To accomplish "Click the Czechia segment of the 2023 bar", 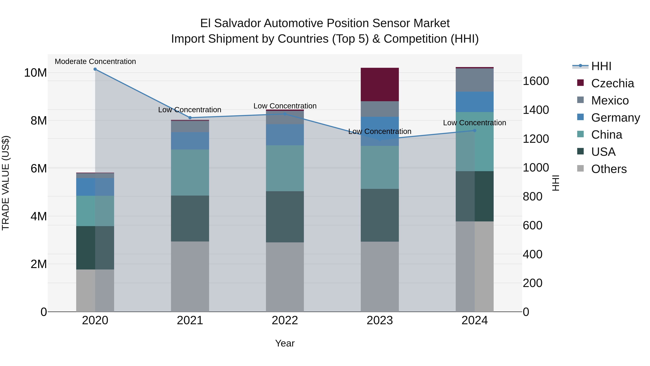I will coord(380,84).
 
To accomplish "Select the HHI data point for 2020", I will coord(95,69).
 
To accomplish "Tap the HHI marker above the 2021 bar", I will coord(190,118).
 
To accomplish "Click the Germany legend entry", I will coord(615,118).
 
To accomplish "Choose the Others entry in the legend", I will coord(609,169).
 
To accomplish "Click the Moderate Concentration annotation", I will coord(95,61).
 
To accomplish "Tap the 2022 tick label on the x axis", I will coord(285,320).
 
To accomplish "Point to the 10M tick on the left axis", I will coord(35,73).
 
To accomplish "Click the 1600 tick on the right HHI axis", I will coord(536,81).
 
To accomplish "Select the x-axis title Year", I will coord(285,343).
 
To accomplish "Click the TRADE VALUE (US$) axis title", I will coord(6,183).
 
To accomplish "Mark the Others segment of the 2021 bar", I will coord(190,276).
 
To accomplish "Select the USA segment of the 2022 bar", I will coord(285,217).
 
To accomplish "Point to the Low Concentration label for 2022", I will coord(285,106).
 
